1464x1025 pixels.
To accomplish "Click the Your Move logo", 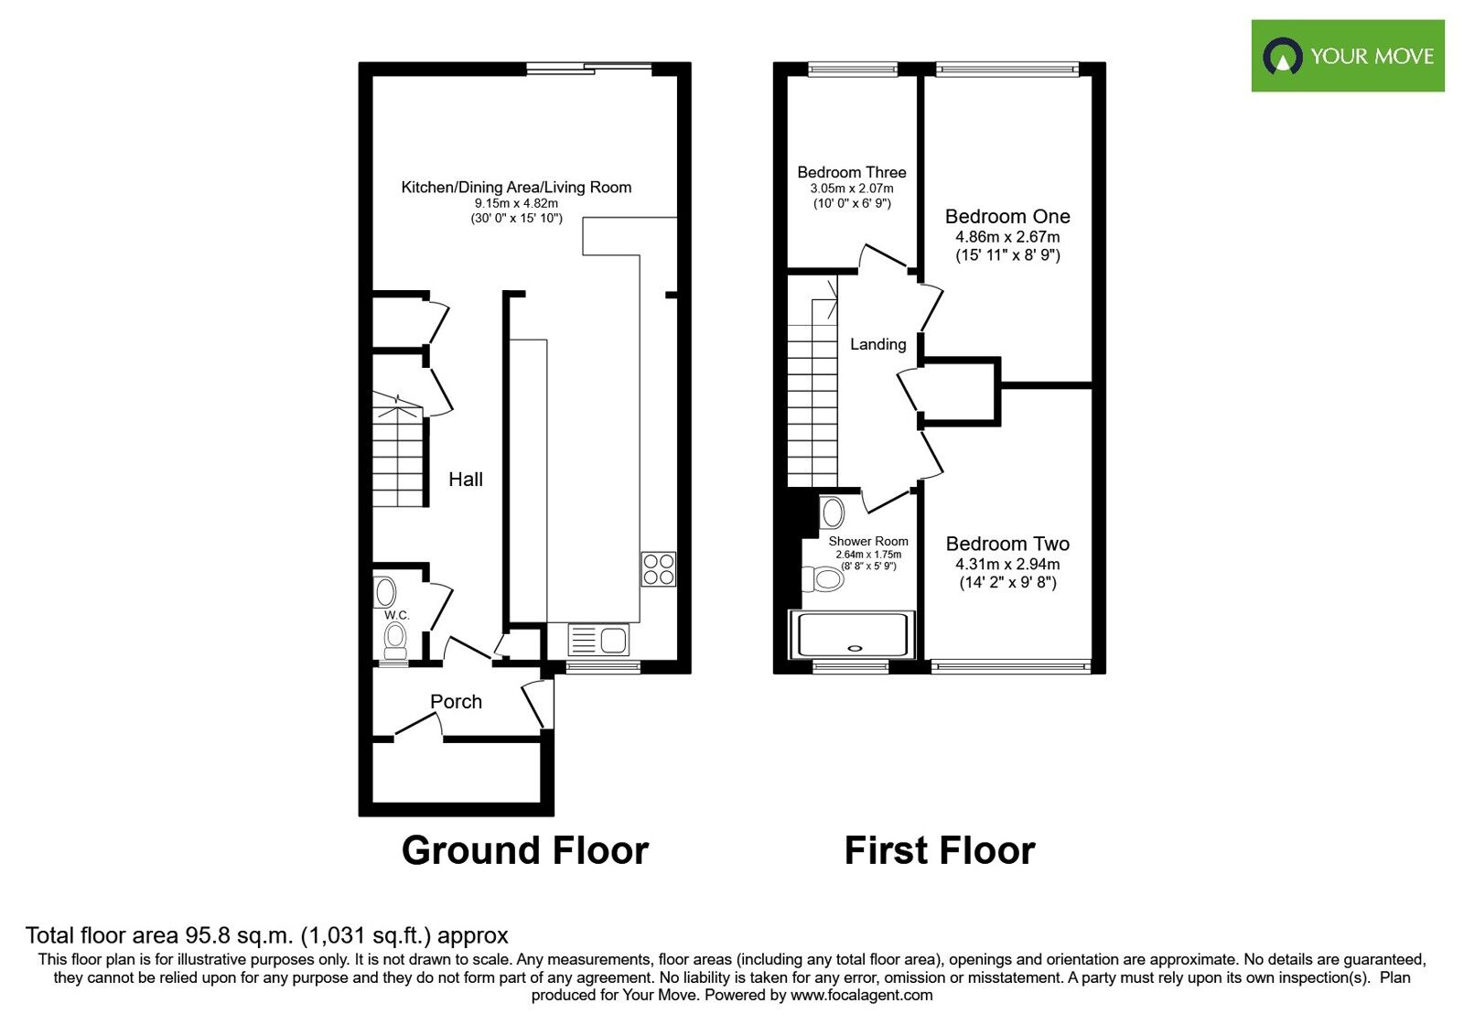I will click(x=1347, y=56).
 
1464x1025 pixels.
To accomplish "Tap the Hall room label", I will click(x=466, y=480).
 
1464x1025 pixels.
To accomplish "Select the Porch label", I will click(x=456, y=702).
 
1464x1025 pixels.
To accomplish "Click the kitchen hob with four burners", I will click(x=658, y=568).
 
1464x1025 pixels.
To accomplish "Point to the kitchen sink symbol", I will click(x=598, y=640).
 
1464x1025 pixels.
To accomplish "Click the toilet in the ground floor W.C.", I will click(x=395, y=640).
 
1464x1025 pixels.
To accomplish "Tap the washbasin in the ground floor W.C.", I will click(x=384, y=591).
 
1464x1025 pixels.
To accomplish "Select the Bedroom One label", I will click(x=1007, y=217).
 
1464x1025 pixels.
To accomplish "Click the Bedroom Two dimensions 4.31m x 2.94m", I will click(x=1007, y=565).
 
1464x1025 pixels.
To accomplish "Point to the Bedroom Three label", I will click(x=851, y=172).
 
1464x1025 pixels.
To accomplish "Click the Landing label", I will click(x=877, y=345).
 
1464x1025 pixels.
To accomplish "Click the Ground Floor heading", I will click(x=524, y=851).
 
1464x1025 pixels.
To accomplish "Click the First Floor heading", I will click(x=939, y=851).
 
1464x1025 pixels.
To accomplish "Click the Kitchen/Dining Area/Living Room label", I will click(x=516, y=188).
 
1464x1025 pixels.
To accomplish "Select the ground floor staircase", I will click(x=398, y=453).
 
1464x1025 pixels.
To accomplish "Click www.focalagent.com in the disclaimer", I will click(x=861, y=996).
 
